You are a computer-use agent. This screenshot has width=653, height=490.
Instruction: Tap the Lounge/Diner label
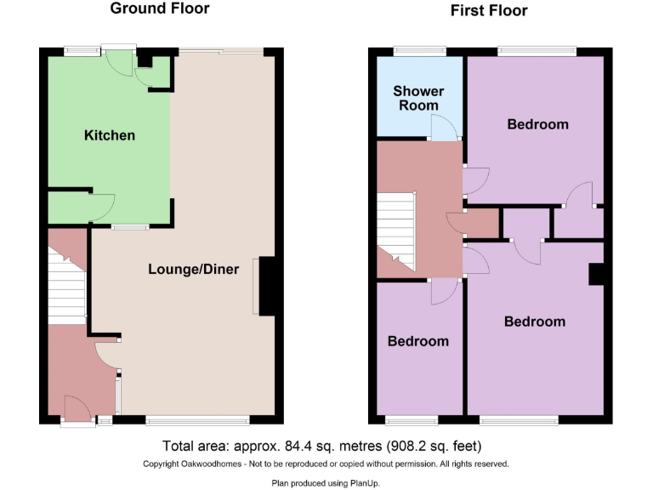click(194, 269)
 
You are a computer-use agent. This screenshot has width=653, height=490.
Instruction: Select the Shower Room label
click(418, 98)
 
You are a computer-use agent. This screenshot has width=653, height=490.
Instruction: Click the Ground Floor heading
click(160, 9)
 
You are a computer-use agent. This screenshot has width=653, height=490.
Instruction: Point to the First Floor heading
click(488, 11)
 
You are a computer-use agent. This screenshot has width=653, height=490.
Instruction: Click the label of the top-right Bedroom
click(537, 124)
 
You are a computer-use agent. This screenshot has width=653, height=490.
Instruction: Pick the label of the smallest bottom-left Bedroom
click(417, 341)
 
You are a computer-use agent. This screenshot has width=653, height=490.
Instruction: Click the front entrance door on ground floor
click(77, 411)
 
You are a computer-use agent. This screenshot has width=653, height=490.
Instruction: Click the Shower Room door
click(444, 128)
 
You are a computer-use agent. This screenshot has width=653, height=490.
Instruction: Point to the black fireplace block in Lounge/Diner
click(267, 287)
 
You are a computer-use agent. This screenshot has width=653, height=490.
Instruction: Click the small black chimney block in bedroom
click(596, 274)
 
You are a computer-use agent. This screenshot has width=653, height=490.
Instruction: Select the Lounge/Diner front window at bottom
click(197, 419)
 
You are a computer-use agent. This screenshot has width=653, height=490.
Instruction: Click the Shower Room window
click(419, 52)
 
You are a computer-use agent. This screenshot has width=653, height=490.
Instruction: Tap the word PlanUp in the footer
click(367, 482)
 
